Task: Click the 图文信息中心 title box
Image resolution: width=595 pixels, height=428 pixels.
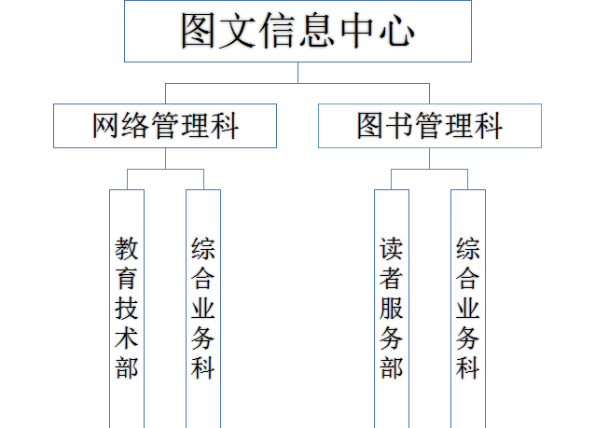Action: click(297, 32)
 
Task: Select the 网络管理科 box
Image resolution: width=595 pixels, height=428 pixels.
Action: click(165, 126)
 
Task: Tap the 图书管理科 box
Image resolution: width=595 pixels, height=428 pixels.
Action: click(429, 126)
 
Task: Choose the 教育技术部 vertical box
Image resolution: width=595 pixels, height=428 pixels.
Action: click(127, 308)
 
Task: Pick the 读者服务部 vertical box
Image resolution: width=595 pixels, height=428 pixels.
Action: click(392, 308)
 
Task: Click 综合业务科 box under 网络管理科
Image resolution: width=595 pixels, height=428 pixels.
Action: click(203, 308)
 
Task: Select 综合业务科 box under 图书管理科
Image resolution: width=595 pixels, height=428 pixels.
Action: click(468, 308)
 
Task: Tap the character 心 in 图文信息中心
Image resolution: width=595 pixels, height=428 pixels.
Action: click(395, 32)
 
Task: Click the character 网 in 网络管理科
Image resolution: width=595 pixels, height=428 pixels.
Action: click(108, 126)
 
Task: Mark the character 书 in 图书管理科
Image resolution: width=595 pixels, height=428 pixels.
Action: click(399, 126)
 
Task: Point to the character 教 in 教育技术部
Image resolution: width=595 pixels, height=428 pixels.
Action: click(127, 249)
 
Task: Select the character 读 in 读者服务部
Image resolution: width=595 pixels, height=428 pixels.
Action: click(392, 249)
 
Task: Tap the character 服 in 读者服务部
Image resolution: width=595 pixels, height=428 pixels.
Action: click(392, 308)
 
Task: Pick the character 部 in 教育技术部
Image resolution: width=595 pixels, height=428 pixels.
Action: click(127, 366)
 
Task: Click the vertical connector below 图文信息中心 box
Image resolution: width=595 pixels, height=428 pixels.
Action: click(297, 73)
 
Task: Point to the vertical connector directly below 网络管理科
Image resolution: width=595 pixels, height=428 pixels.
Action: click(165, 159)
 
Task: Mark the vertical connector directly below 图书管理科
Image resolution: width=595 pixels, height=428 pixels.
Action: click(429, 159)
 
